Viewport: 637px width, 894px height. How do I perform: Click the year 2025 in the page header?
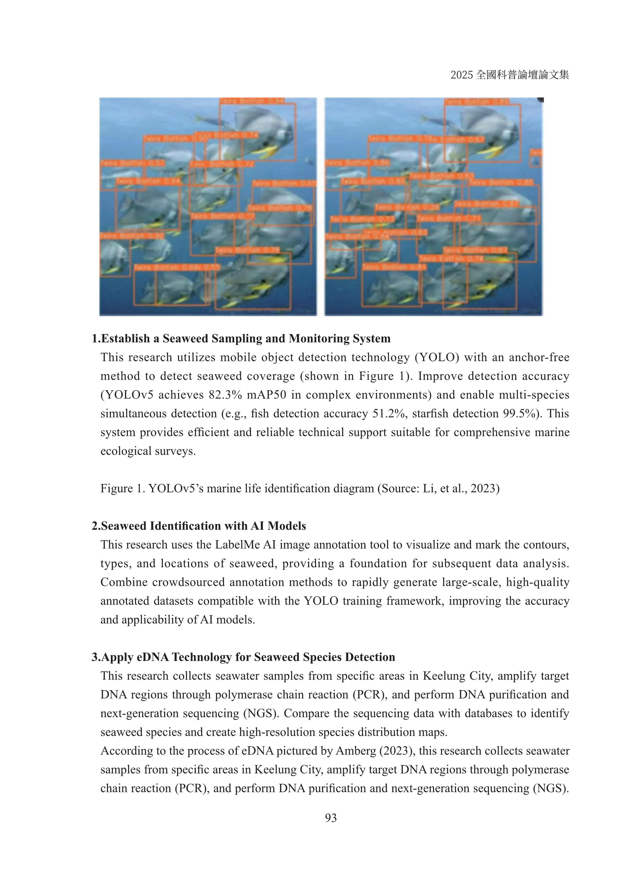(462, 75)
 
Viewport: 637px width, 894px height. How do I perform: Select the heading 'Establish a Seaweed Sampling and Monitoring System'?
(245, 338)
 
